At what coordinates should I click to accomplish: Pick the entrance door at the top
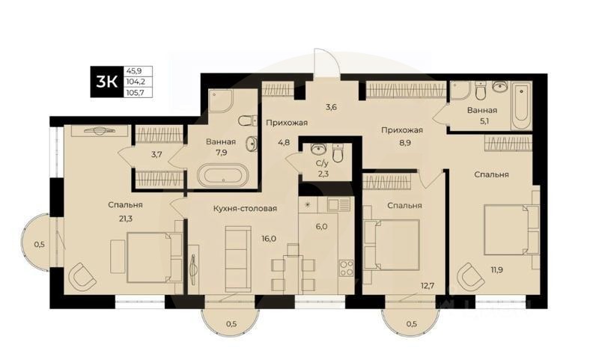click(x=326, y=64)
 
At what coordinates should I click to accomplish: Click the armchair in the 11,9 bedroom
click(x=472, y=276)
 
